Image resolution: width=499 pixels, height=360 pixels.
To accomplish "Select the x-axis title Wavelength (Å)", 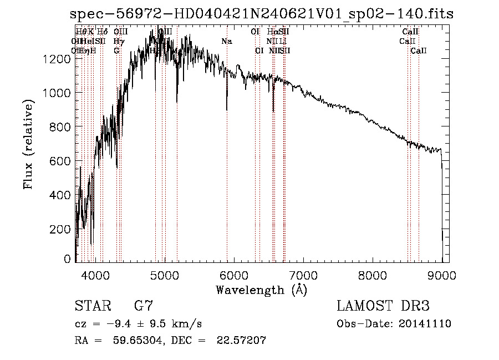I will click(261, 290).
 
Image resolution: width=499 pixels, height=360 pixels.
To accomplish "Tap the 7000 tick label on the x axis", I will click(303, 275).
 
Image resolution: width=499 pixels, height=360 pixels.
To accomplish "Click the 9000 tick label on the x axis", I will click(442, 275).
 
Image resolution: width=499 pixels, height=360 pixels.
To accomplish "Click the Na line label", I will click(226, 41).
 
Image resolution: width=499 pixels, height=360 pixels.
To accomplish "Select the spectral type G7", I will click(144, 306).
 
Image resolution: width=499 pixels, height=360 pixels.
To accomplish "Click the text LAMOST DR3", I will click(383, 306).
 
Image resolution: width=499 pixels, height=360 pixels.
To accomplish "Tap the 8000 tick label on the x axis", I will click(372, 275).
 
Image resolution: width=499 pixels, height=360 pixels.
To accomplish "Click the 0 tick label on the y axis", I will click(68, 259).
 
